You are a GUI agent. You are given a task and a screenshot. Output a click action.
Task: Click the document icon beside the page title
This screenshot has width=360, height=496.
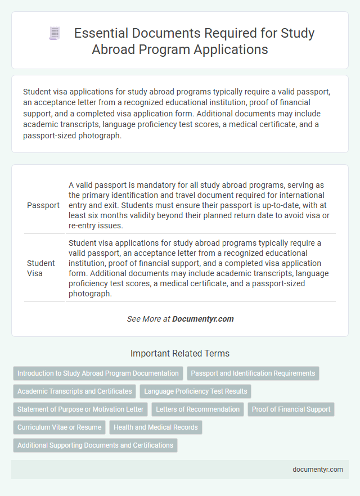click(x=55, y=33)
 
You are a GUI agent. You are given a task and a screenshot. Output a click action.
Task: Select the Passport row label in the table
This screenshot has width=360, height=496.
click(x=43, y=205)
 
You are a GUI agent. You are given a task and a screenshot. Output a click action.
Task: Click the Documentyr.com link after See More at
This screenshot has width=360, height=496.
click(x=202, y=319)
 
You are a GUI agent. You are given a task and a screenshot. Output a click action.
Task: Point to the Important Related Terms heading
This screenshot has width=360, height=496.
click(x=179, y=354)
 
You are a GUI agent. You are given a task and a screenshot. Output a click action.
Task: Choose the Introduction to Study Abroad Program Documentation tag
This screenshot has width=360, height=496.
click(x=98, y=373)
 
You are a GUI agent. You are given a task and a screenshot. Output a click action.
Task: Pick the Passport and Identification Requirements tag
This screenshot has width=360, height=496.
click(x=253, y=373)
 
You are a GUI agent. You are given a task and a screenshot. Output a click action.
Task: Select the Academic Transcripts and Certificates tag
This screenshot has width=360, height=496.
click(x=74, y=391)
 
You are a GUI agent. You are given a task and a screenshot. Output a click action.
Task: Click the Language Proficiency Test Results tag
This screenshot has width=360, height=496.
click(x=195, y=391)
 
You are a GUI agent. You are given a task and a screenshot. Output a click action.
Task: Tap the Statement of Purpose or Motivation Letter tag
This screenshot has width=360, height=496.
click(x=80, y=409)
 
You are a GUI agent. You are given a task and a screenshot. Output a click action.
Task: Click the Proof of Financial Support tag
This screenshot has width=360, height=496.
click(x=291, y=409)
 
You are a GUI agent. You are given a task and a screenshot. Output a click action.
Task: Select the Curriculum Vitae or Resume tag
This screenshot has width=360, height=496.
click(x=59, y=427)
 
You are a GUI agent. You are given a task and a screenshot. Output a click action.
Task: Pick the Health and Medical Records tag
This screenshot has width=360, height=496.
click(x=156, y=427)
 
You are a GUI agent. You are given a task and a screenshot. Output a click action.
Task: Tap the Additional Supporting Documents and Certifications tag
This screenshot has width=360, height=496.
click(x=95, y=445)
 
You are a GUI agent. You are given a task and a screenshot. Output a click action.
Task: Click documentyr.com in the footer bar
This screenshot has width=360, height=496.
click(x=318, y=470)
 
